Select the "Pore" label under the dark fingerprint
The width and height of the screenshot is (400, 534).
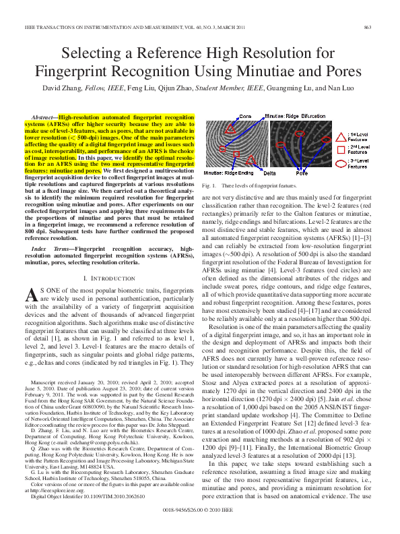[x=300, y=173]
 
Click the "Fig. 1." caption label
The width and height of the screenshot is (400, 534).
[x=208, y=184]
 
